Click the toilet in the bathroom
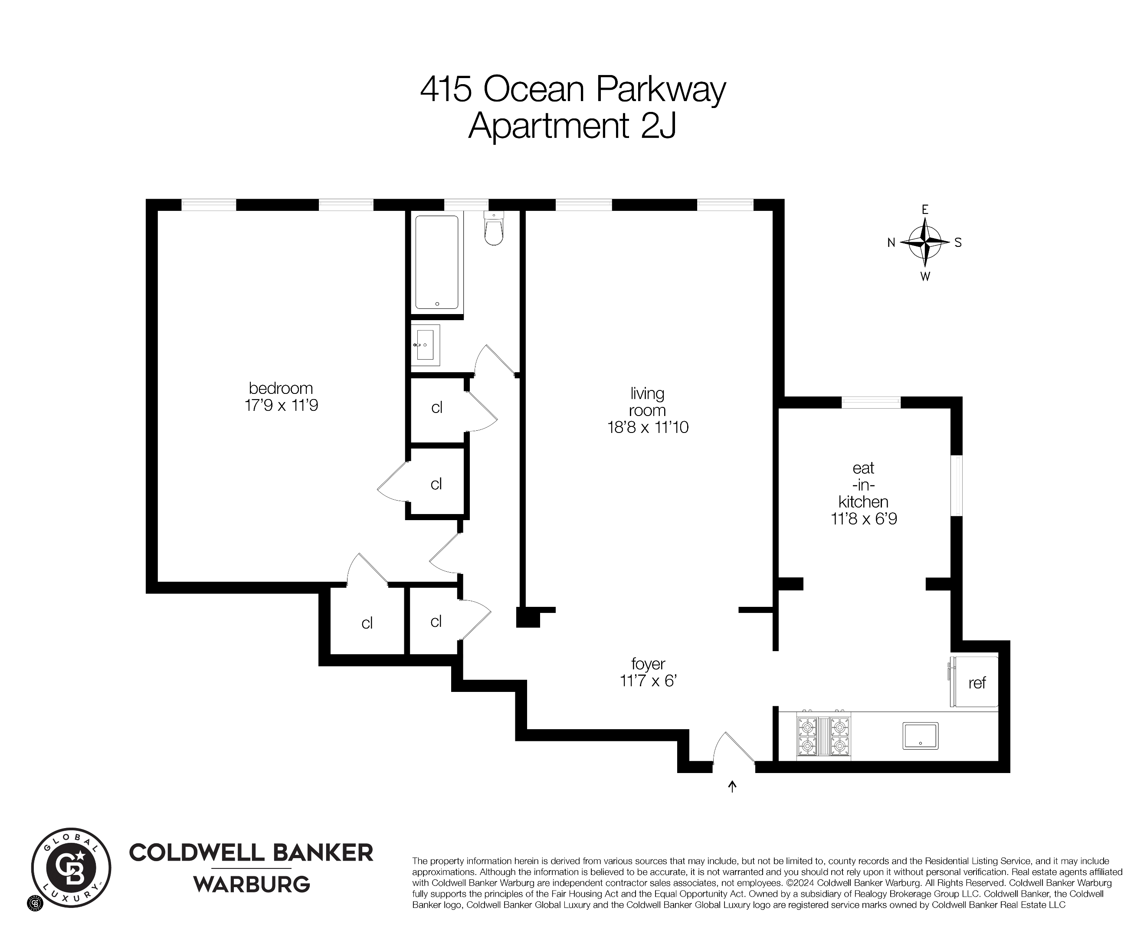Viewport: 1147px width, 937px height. [494, 229]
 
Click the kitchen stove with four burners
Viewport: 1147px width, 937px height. [824, 736]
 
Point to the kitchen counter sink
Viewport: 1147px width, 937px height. [920, 736]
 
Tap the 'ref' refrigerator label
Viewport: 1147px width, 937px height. [977, 683]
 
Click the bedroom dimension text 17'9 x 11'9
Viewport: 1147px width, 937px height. [281, 405]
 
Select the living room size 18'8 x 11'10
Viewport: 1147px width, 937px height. [648, 427]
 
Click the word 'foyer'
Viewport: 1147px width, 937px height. [648, 663]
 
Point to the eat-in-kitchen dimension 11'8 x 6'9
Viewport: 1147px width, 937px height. [864, 519]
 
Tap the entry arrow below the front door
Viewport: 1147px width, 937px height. [732, 786]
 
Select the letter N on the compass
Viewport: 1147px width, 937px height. [891, 243]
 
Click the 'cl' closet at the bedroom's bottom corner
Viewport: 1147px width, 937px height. [367, 623]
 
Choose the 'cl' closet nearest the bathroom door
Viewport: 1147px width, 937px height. [437, 407]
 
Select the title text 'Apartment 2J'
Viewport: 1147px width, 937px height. [572, 126]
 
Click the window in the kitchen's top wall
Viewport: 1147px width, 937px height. [871, 402]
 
